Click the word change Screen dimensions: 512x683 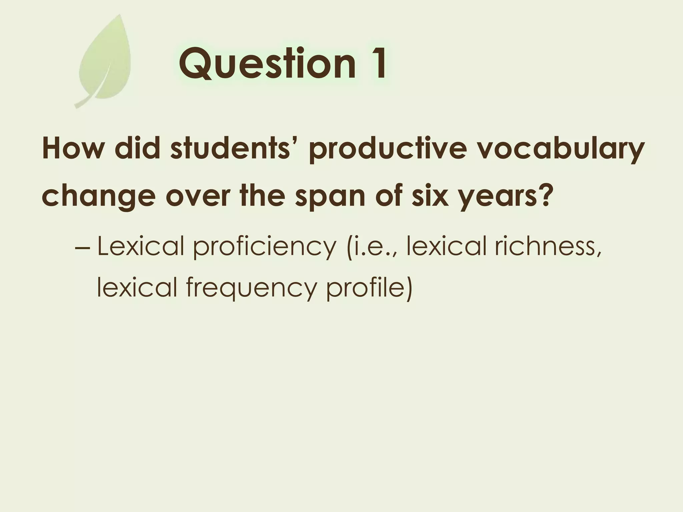[x=99, y=197]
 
